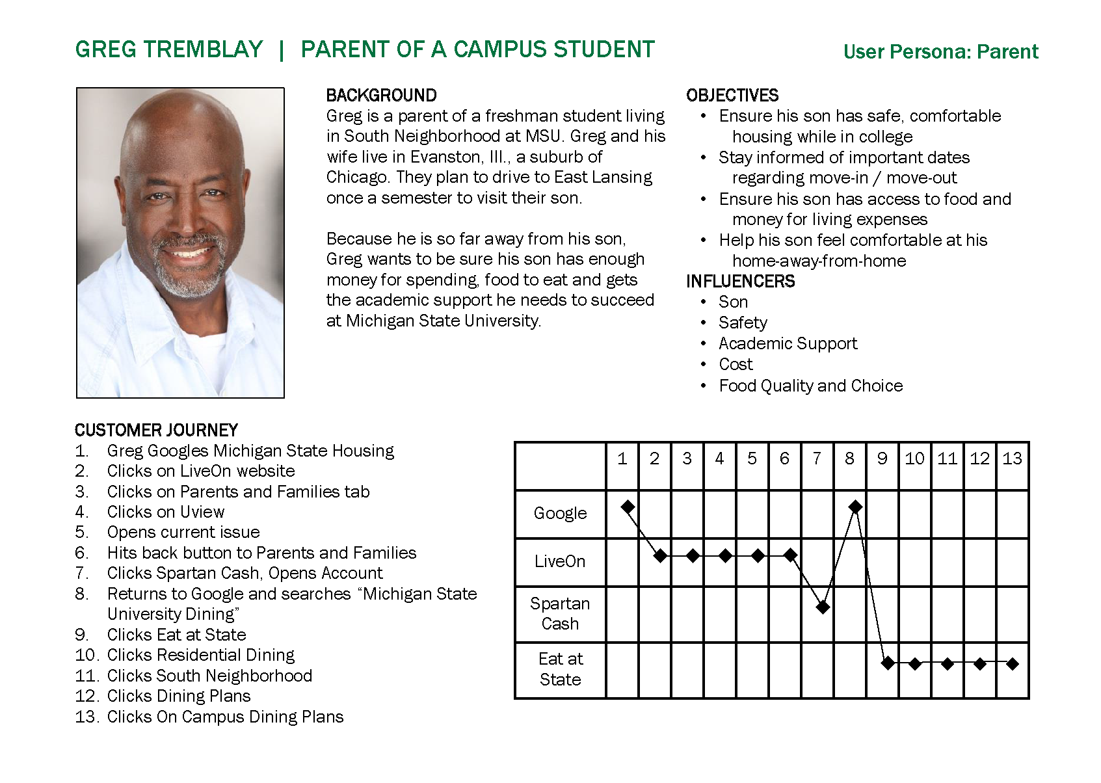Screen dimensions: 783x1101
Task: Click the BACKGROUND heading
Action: pos(381,96)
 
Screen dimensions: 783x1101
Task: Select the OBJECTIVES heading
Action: pos(732,96)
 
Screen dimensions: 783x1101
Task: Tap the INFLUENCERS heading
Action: pos(740,282)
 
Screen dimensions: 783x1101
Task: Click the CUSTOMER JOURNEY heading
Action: pos(156,430)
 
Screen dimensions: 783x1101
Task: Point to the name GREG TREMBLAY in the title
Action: pos(169,50)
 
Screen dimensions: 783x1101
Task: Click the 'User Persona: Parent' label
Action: pos(940,52)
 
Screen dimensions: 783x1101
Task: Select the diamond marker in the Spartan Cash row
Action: pos(823,607)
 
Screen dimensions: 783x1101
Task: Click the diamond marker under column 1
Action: pos(628,507)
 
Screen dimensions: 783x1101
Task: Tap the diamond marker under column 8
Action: pos(856,507)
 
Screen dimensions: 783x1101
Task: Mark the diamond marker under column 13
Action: pos(1012,664)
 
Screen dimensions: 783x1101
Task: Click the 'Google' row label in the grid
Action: pos(560,514)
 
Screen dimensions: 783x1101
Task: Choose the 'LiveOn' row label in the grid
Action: pos(560,561)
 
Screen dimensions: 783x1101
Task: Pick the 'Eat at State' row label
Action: pos(560,669)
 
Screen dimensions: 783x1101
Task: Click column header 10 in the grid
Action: pos(914,459)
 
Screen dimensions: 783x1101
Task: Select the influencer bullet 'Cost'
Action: pos(736,365)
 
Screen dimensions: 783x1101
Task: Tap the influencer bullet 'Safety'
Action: pos(743,323)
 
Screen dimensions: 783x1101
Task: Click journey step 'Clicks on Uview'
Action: pos(166,512)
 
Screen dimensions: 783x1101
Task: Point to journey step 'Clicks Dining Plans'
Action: pos(179,696)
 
